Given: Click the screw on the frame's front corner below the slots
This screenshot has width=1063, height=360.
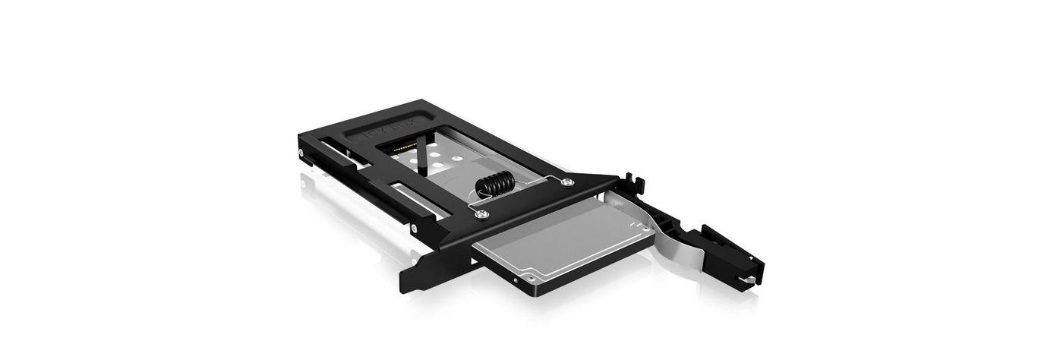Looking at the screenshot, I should coord(413,226).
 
